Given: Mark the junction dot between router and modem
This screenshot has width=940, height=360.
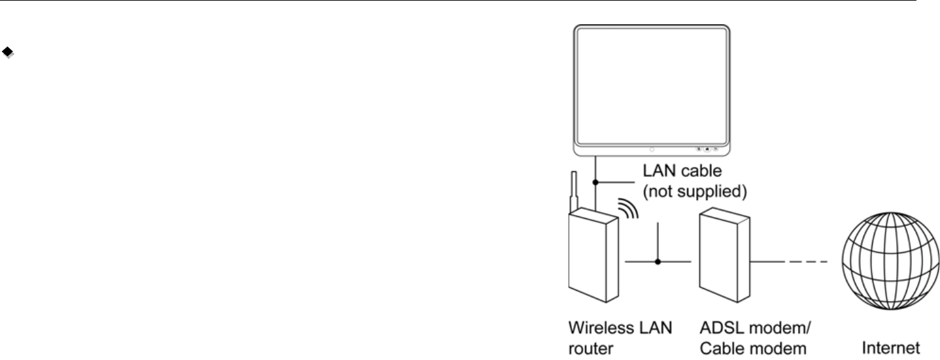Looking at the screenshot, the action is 658,262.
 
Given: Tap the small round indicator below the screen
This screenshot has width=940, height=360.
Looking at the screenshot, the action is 651,149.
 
